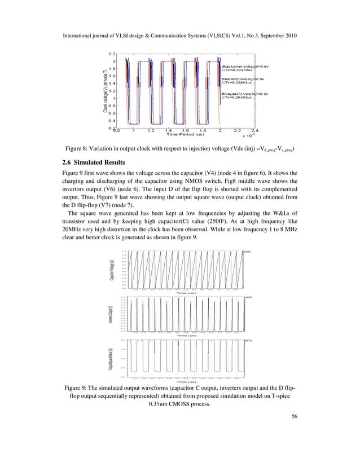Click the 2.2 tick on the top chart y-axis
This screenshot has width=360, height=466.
tap(112, 54)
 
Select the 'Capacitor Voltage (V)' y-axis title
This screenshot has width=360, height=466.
tap(112, 270)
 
